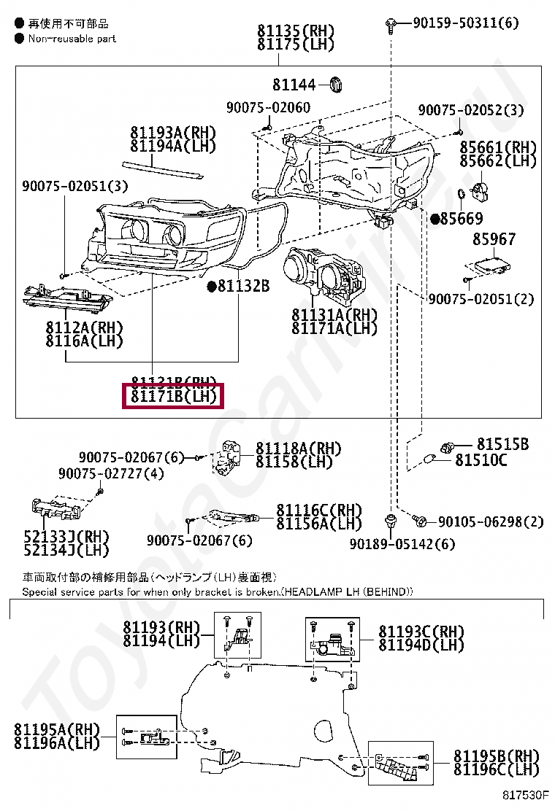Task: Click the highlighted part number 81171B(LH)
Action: click(x=174, y=397)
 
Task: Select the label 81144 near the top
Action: click(x=295, y=85)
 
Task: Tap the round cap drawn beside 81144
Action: click(x=335, y=84)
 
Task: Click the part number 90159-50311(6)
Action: click(x=465, y=23)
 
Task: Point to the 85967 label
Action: click(x=494, y=239)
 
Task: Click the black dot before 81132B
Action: click(x=211, y=287)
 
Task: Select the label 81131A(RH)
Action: click(x=334, y=315)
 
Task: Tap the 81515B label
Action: click(x=503, y=444)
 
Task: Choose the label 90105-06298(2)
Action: click(x=491, y=521)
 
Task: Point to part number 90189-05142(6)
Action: click(x=402, y=544)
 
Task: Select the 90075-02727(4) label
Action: click(x=112, y=474)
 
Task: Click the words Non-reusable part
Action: click(x=72, y=38)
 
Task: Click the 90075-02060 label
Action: click(x=268, y=108)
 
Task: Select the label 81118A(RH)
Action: click(x=299, y=448)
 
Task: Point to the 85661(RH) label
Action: click(x=498, y=147)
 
